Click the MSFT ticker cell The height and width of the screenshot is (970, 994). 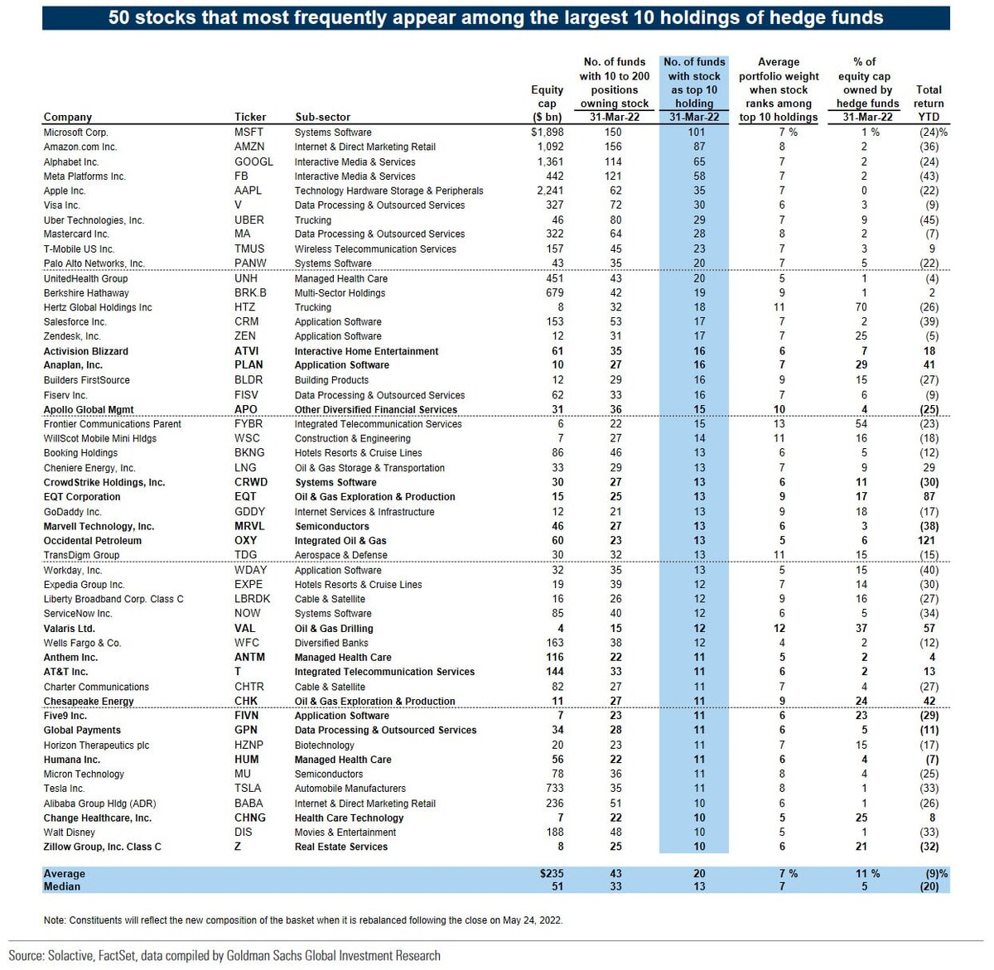[x=249, y=133]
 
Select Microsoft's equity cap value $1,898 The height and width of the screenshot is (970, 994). [x=547, y=133]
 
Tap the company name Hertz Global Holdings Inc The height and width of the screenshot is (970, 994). [x=98, y=307]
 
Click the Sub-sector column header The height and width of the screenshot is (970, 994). [x=323, y=117]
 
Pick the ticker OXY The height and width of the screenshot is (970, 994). [x=246, y=540]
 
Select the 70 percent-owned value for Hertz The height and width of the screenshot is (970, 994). [x=861, y=307]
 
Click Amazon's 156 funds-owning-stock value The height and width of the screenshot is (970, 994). [x=613, y=147]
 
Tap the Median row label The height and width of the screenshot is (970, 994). [x=62, y=886]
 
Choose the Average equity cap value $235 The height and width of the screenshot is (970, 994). [x=552, y=873]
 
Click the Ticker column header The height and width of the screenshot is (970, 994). [x=250, y=117]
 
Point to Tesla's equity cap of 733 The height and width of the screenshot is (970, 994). [x=555, y=789]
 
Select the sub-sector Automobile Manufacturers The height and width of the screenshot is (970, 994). [x=350, y=789]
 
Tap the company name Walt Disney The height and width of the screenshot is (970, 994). [x=69, y=832]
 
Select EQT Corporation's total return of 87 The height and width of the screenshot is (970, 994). [x=929, y=496]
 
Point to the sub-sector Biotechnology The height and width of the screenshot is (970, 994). [x=325, y=746]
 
